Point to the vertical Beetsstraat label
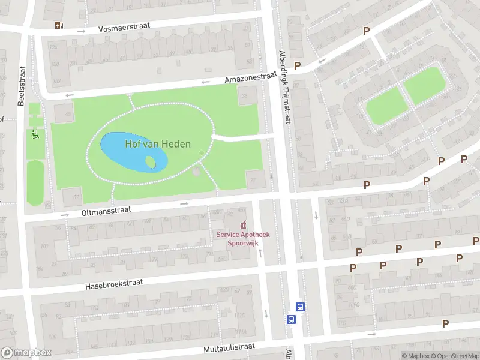pyautogui.click(x=22, y=86)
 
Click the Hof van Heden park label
pyautogui.click(x=158, y=144)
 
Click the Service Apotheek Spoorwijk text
pyautogui.click(x=242, y=239)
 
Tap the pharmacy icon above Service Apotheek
pyautogui.click(x=242, y=226)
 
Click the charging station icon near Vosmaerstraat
pyautogui.click(x=58, y=25)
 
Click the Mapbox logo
pyautogui.click(x=26, y=353)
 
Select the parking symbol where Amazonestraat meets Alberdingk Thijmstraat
pyautogui.click(x=296, y=65)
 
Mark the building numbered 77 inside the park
pyautogui.click(x=254, y=179)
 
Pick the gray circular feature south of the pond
pyautogui.click(x=196, y=173)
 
